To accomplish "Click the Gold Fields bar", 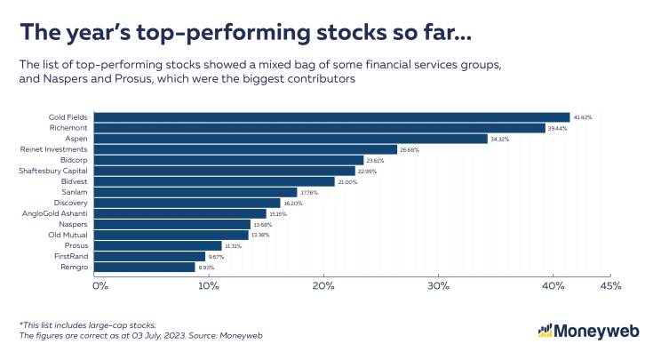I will (331, 117).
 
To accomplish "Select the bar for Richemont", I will (320, 128).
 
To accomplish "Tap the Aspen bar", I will (291, 139).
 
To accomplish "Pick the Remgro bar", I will (144, 267).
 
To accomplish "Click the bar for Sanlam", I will (195, 192).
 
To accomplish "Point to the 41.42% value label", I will (583, 117).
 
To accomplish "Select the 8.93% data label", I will (206, 267).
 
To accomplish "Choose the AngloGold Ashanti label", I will (55, 213).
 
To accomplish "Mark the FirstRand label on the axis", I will (70, 256).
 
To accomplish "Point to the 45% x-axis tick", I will (610, 286).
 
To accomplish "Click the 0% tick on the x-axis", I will (100, 286).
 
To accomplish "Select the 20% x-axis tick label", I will (323, 286).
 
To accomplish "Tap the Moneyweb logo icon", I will (546, 331).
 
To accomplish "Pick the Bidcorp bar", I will (228, 160).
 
